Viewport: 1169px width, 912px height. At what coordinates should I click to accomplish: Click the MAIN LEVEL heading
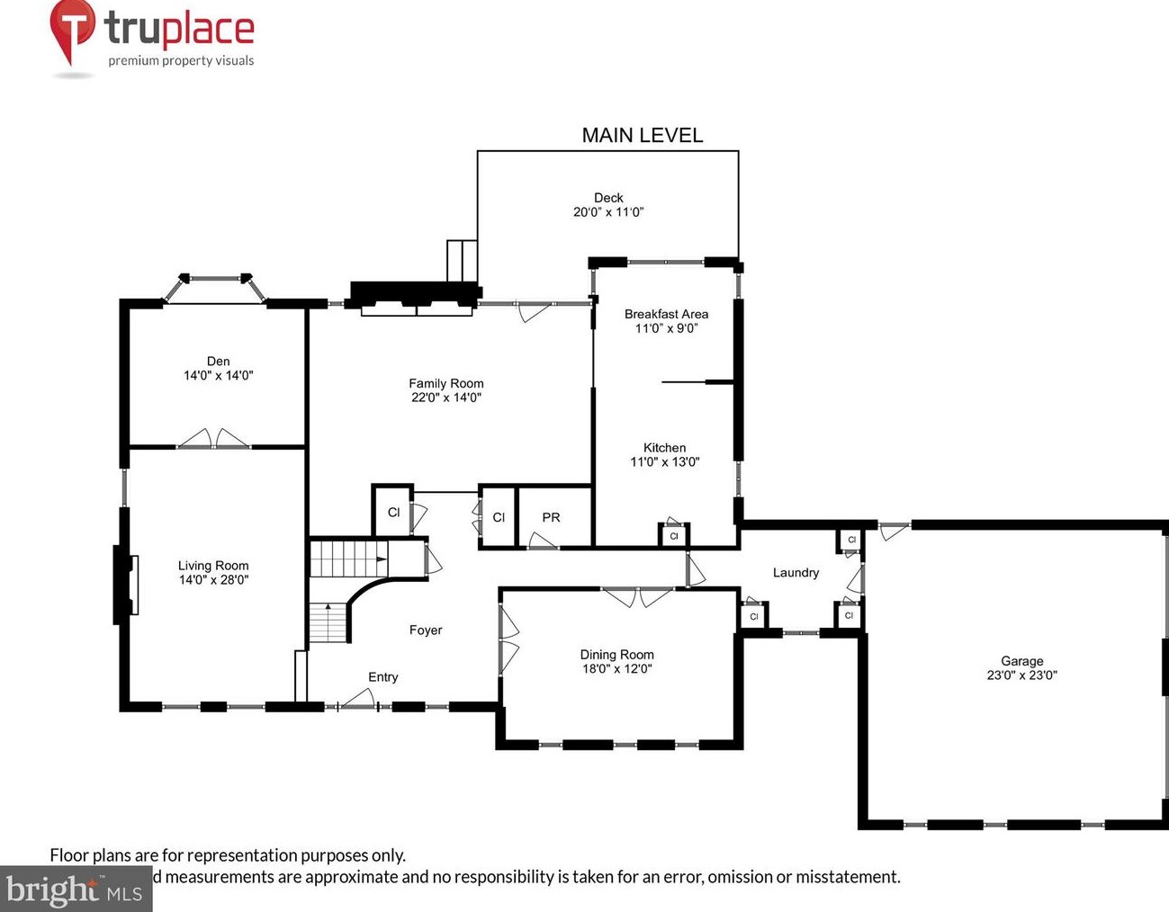(x=642, y=135)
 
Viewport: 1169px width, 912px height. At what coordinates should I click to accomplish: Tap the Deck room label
(x=608, y=198)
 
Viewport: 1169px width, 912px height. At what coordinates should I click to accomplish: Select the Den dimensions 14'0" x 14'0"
(x=219, y=376)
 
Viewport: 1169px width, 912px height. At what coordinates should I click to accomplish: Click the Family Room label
(x=446, y=383)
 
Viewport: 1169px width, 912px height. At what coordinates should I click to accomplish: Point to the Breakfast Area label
(x=666, y=314)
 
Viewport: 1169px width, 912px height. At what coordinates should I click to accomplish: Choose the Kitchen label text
(x=664, y=448)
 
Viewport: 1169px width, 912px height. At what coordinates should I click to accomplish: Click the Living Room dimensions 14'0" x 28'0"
(x=213, y=580)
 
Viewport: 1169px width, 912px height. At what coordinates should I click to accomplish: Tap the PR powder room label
(x=551, y=518)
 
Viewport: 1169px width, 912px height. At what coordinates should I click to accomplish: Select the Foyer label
(x=426, y=630)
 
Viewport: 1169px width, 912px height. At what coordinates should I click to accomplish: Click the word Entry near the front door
(x=382, y=677)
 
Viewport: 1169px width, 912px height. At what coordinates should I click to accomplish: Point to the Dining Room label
(x=616, y=655)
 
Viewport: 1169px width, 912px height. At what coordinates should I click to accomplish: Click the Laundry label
(x=796, y=573)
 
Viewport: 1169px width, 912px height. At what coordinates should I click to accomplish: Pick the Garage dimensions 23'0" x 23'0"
(x=1021, y=675)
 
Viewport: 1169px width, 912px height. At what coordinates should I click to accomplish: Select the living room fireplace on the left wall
(x=124, y=585)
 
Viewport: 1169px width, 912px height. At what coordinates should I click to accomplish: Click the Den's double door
(x=213, y=439)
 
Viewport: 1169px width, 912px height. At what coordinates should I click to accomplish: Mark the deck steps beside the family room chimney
(x=462, y=262)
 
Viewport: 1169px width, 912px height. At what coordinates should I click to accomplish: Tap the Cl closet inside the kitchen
(x=673, y=536)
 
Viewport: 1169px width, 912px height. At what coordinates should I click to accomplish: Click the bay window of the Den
(x=216, y=286)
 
